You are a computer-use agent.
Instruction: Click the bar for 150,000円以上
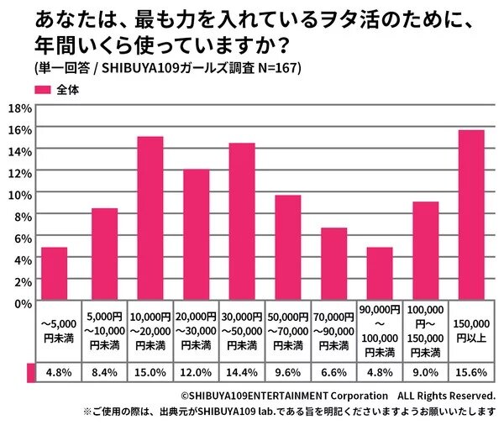tap(471, 216)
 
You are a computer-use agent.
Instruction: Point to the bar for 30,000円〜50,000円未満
tap(242, 222)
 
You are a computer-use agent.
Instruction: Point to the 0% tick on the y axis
tap(21, 302)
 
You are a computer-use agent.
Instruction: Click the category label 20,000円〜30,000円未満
tap(196, 333)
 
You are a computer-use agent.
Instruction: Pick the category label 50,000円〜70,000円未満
tap(288, 333)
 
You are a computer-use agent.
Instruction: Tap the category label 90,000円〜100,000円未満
tap(380, 333)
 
